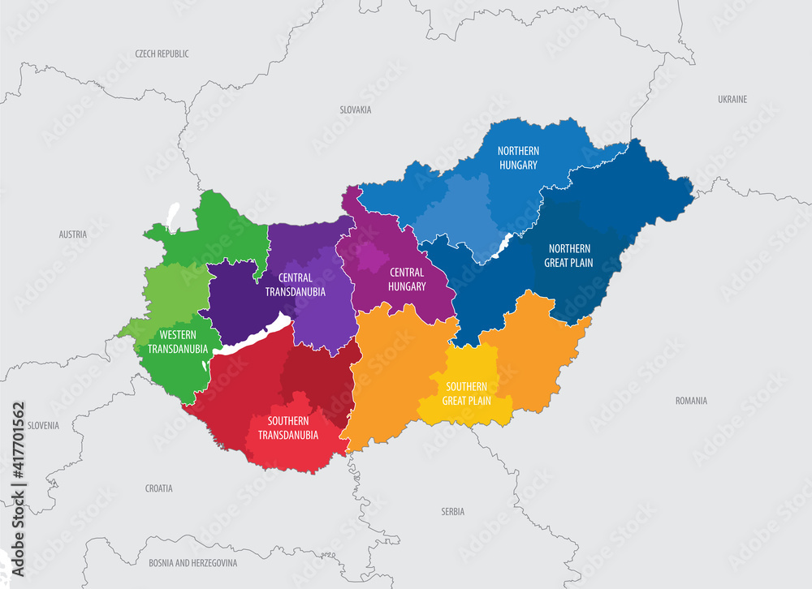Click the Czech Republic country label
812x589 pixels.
coord(162,54)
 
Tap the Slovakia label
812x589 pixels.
coord(356,109)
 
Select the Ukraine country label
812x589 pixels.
coord(732,99)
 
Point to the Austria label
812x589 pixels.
coord(72,234)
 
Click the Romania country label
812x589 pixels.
coord(691,400)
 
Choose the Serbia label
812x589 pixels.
coord(452,511)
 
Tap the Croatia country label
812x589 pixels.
coord(158,488)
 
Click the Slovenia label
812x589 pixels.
coord(43,425)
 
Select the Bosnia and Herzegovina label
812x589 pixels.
coord(192,562)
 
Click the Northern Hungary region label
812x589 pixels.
coord(518,158)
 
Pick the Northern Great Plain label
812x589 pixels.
coord(570,256)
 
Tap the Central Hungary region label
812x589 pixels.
coord(408,279)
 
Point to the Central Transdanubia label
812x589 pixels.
coord(294,285)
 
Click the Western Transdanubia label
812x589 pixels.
coord(177,342)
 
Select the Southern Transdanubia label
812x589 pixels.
coord(287,428)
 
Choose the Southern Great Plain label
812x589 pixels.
coord(465,393)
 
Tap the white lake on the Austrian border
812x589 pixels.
coord(173,213)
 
